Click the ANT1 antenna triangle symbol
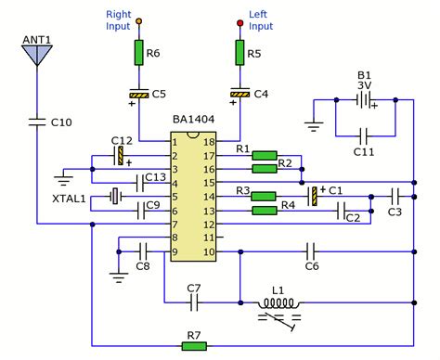point(36,54)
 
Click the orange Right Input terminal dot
point(139,19)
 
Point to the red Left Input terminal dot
point(239,19)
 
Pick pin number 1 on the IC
point(175,143)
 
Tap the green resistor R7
point(194,345)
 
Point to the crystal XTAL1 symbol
point(115,196)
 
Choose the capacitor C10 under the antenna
point(36,120)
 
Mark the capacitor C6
point(312,250)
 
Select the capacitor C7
point(194,302)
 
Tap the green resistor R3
point(265,196)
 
